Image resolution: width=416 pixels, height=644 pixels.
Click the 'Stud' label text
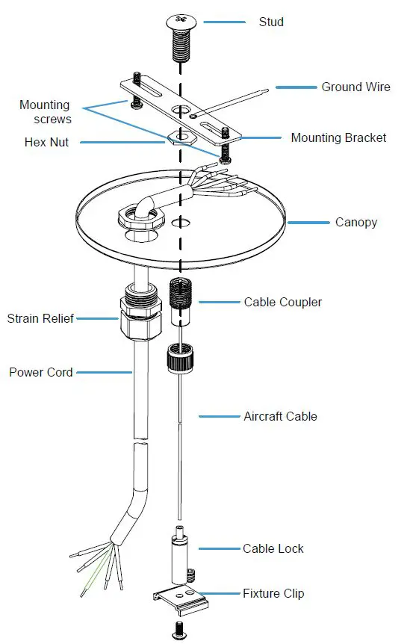(x=271, y=22)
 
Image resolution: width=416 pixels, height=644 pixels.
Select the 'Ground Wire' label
(x=356, y=87)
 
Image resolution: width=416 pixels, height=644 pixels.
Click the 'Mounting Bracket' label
(x=338, y=137)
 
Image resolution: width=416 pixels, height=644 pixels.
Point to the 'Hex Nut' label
(x=47, y=141)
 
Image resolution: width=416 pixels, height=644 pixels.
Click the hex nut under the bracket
(x=179, y=138)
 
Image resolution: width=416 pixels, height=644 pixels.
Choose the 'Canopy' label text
(x=357, y=222)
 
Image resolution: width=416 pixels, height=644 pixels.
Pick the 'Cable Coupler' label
(x=283, y=302)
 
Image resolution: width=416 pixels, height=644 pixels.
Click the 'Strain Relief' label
(x=40, y=319)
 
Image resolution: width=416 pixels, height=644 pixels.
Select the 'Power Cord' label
(x=41, y=371)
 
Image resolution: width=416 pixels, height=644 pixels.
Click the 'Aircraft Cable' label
(x=280, y=416)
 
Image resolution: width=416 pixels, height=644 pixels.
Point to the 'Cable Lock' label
(x=273, y=548)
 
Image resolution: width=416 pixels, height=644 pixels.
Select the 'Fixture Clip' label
(x=273, y=594)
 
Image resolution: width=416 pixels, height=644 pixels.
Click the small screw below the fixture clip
(x=179, y=628)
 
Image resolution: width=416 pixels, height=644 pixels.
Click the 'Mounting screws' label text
(x=45, y=111)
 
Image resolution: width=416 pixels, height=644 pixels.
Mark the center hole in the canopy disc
(x=179, y=223)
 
